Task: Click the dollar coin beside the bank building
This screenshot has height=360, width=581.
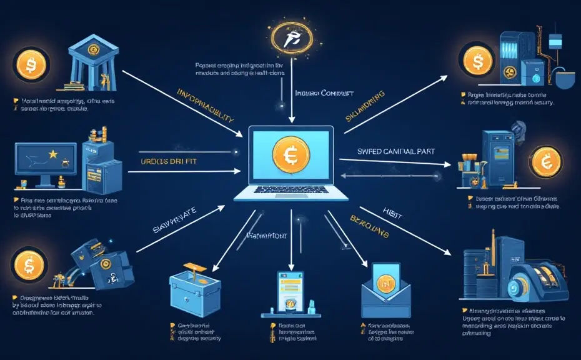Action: coord(29,67)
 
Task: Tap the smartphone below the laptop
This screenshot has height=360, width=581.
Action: coord(290,292)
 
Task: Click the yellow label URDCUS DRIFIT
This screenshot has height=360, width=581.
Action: coord(163,162)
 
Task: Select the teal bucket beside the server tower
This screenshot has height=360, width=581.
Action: coord(566,80)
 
